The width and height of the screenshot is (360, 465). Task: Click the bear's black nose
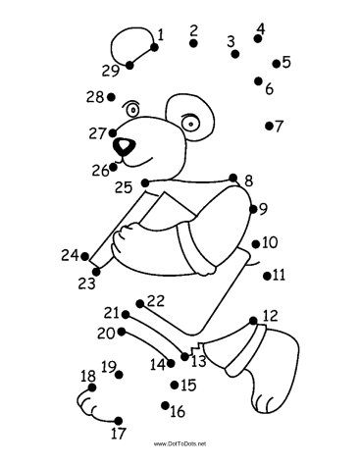point(125,146)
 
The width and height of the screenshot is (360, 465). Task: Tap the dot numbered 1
point(154,47)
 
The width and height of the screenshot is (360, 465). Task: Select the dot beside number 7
point(269,126)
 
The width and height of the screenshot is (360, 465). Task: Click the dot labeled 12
point(253,321)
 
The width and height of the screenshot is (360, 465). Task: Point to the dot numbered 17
point(119,421)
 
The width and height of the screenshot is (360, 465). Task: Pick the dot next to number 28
point(111,97)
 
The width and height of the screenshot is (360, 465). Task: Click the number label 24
point(70,255)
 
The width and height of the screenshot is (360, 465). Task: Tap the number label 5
point(286,62)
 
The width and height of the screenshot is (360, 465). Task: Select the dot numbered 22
point(140,304)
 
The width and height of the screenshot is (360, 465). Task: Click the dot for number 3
point(234,54)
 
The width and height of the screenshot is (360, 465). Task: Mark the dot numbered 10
point(256,244)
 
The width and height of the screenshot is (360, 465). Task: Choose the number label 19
point(109,367)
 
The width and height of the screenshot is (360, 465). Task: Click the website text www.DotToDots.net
point(180,443)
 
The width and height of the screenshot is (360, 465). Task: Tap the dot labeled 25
point(145,182)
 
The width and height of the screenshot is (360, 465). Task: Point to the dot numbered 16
point(165,405)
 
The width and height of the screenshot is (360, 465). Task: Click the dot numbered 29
point(129,65)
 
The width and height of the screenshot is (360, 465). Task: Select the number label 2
point(194,30)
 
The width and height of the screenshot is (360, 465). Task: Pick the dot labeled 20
point(122,332)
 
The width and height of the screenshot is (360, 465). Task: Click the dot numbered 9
point(253,209)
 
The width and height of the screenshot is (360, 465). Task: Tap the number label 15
point(188,386)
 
